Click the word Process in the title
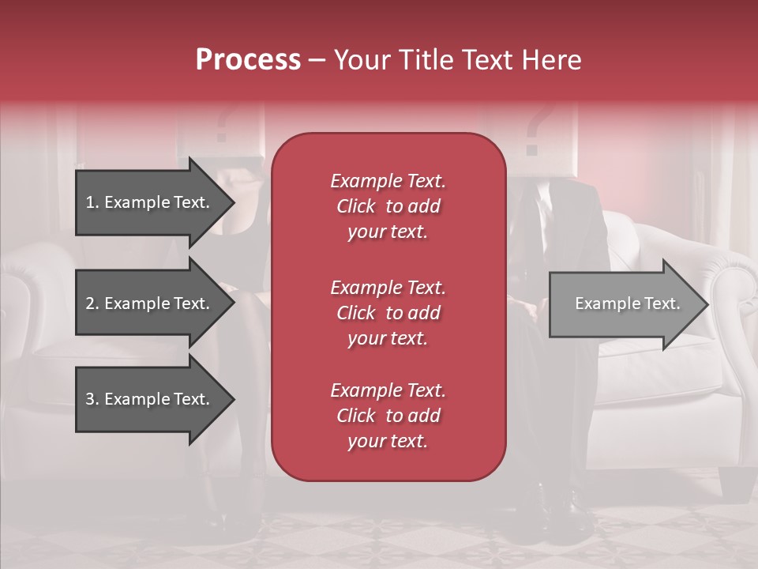[248, 60]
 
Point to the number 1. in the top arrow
[92, 202]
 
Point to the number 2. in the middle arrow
[92, 303]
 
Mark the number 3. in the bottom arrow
[92, 399]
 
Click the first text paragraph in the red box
[388, 206]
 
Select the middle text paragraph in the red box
[388, 313]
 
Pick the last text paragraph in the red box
[388, 416]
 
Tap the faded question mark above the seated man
[535, 130]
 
